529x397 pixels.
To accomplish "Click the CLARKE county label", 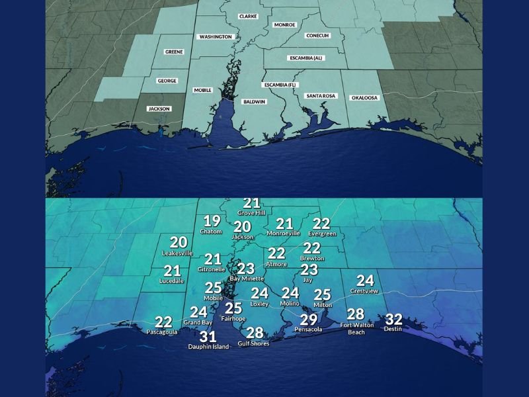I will tap(249, 15).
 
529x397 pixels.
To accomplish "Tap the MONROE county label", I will tap(284, 24).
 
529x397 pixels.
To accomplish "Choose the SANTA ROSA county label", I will tap(321, 96).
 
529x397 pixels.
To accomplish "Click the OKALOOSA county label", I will tap(364, 97).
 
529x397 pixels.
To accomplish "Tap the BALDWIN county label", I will tap(254, 102).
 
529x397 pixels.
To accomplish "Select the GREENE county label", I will tap(174, 52).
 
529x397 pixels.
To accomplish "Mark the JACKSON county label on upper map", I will tap(159, 109).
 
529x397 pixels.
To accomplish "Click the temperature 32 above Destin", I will tap(393, 319).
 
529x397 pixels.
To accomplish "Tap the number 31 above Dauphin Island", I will tap(208, 337).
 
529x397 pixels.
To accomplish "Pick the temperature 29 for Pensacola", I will tap(308, 320).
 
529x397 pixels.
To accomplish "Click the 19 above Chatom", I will tap(212, 222).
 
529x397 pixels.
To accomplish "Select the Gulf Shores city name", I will tap(254, 343).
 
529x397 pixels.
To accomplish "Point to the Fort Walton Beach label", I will tap(357, 328).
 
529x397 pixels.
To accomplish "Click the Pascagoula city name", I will tap(162, 331).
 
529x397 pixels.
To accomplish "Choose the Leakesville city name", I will tap(177, 253).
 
